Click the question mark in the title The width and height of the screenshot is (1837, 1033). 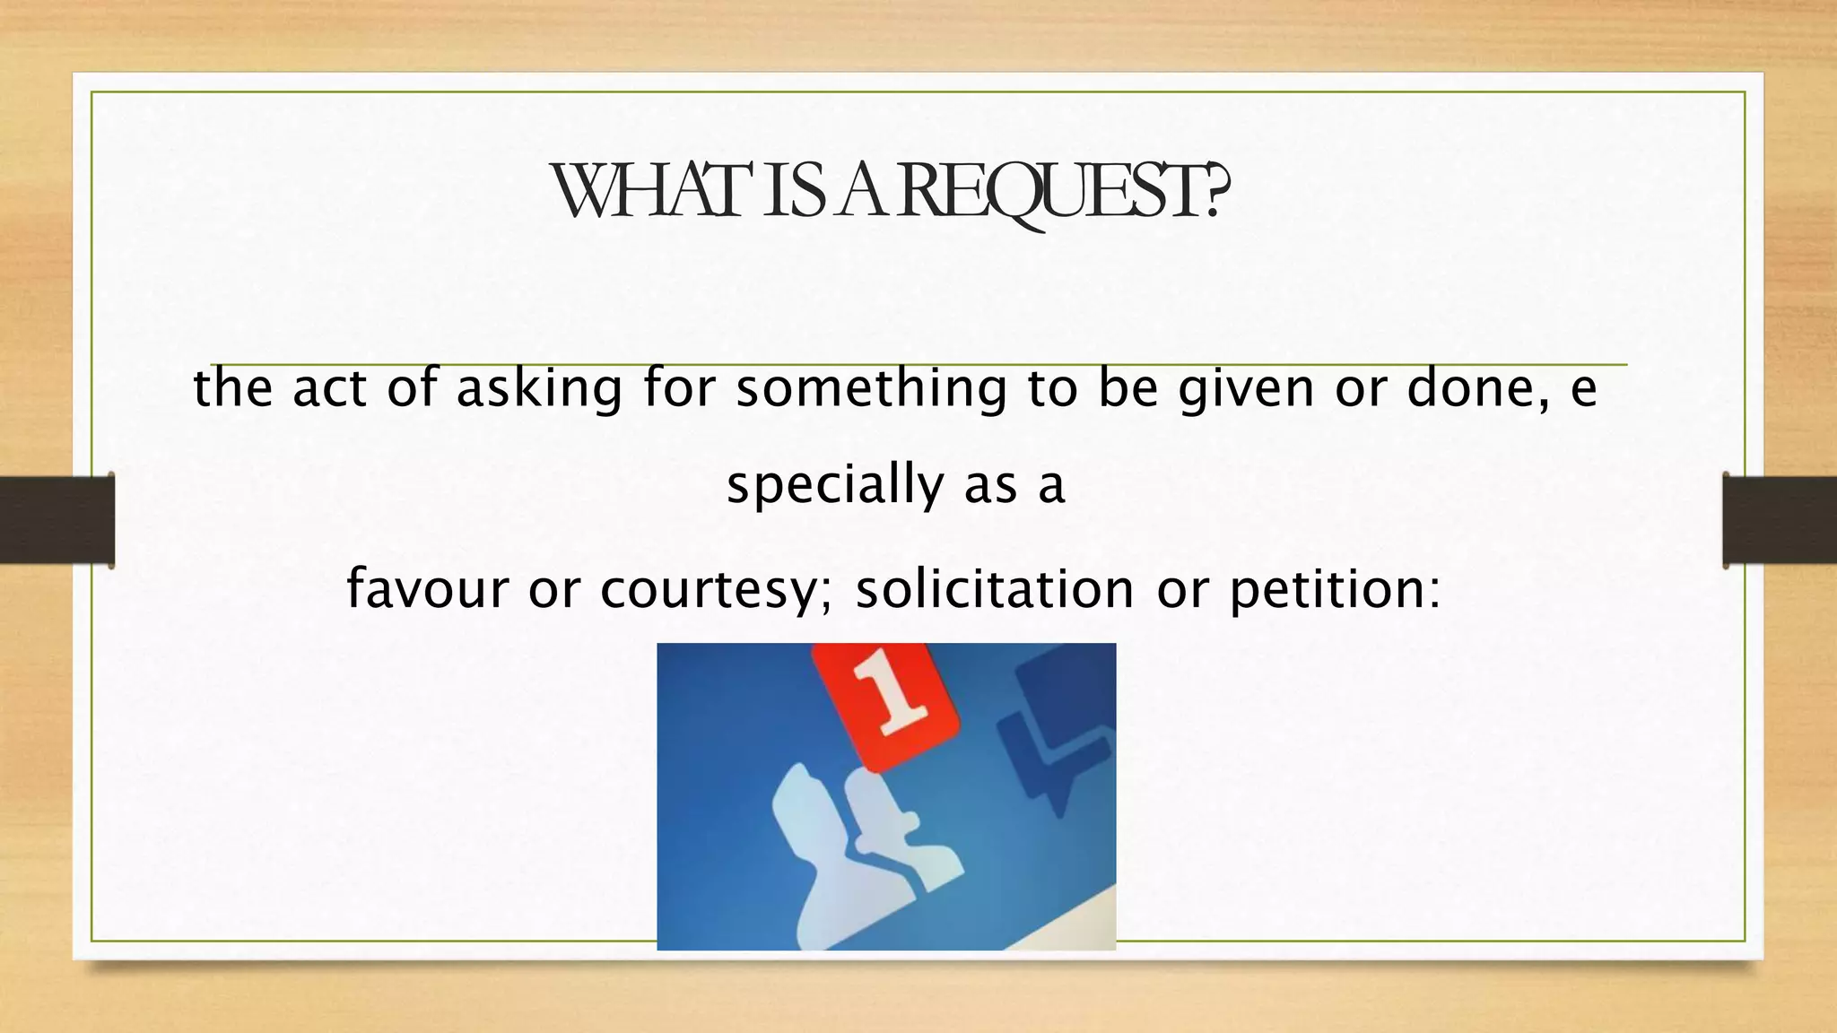coord(1215,192)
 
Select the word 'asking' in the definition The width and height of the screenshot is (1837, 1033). coord(539,389)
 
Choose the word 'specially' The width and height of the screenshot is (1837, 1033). coord(834,485)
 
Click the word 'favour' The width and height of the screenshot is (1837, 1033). coord(427,589)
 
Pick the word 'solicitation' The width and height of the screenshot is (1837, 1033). coord(995,589)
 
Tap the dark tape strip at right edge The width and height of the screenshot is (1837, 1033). coord(1780,520)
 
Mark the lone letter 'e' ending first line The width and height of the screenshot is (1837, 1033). coord(1584,389)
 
